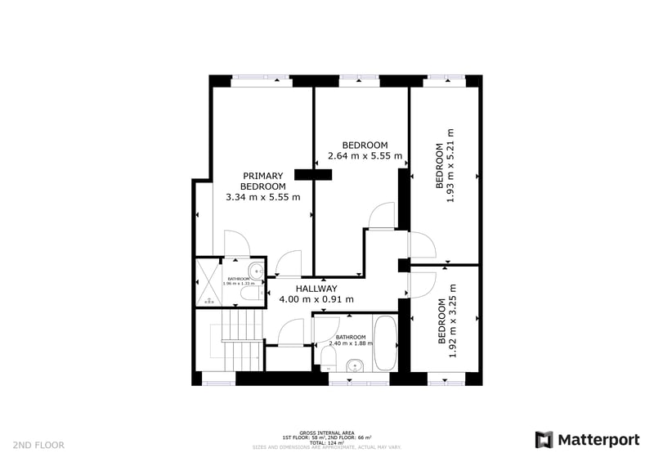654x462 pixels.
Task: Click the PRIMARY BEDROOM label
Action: [263, 181]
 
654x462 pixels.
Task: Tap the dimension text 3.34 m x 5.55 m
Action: [263, 197]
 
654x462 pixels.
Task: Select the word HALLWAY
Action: [316, 289]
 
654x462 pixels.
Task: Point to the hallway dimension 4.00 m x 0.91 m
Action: [316, 299]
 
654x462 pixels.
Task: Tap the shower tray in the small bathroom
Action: [209, 283]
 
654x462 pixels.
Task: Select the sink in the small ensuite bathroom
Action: [256, 271]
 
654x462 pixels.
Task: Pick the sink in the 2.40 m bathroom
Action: [355, 366]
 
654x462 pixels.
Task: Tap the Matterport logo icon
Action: [544, 440]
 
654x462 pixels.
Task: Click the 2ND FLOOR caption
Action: [38, 445]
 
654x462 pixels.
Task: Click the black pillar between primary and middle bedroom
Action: [314, 173]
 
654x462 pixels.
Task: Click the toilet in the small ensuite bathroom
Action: [253, 291]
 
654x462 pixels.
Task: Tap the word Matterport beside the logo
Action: [598, 440]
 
